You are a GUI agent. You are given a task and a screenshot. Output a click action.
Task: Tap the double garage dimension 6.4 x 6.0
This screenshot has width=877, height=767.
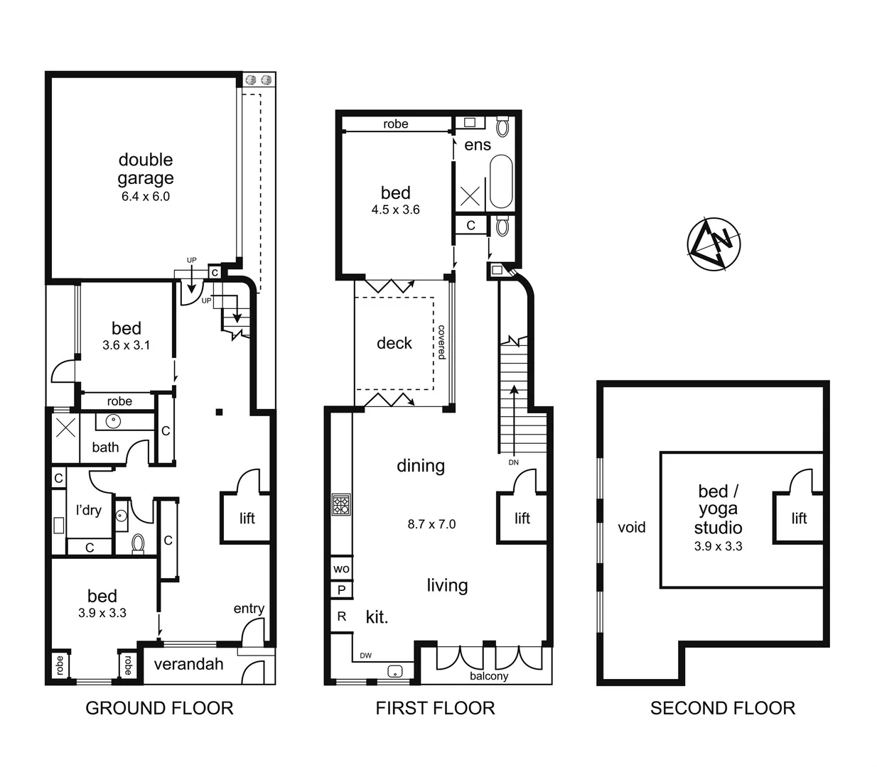[146, 197]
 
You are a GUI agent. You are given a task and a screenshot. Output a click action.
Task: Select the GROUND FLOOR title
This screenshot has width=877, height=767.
[159, 708]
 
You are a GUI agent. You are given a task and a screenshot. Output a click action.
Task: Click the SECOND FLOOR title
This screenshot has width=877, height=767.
[722, 708]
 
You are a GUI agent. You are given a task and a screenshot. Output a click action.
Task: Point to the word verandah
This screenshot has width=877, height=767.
[189, 664]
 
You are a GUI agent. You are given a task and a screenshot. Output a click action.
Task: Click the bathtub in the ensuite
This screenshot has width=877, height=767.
[501, 183]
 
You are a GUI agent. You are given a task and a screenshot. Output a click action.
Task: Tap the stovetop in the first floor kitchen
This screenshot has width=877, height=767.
[341, 505]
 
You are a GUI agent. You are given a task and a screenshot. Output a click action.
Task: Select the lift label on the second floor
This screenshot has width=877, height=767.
[799, 518]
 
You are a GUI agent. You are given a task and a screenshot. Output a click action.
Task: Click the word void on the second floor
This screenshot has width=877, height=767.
[631, 527]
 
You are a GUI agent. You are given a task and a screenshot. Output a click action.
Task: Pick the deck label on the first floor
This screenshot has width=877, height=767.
[394, 343]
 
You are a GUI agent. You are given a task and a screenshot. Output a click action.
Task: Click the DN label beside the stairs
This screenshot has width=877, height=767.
[513, 462]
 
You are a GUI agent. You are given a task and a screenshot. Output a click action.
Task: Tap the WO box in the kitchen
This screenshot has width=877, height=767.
[341, 568]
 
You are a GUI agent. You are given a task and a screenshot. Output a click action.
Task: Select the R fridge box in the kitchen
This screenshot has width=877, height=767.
[342, 616]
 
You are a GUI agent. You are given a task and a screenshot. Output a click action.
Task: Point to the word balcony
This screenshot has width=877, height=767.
[489, 676]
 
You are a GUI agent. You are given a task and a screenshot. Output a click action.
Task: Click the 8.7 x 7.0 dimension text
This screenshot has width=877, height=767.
[431, 524]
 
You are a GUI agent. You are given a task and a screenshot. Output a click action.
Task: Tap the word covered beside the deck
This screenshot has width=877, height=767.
[441, 342]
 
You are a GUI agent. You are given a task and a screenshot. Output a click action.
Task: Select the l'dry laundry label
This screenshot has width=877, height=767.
[89, 510]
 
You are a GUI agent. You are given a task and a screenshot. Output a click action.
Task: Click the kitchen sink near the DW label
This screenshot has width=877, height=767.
[395, 670]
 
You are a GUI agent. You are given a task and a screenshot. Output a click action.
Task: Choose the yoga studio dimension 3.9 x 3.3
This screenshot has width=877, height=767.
[718, 546]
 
